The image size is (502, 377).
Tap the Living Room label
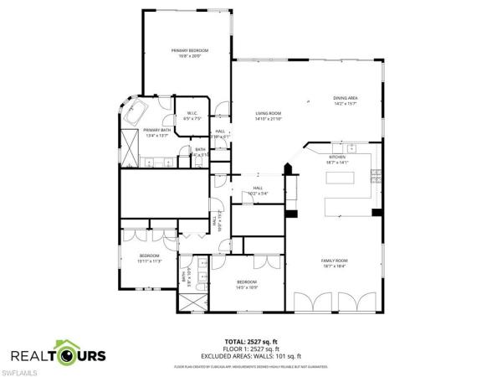(x=268, y=116)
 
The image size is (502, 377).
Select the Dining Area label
(x=345, y=101)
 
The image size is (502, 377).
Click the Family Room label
(x=334, y=263)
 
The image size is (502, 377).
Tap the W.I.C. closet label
(x=192, y=116)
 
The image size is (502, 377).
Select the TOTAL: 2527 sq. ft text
(x=249, y=342)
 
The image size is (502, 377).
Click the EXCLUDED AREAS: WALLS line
(x=250, y=356)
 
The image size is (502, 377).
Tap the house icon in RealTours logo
(x=67, y=351)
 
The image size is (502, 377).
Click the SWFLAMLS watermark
(x=18, y=369)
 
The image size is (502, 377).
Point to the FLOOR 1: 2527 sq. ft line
(x=249, y=349)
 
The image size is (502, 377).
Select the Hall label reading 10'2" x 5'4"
(x=258, y=191)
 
